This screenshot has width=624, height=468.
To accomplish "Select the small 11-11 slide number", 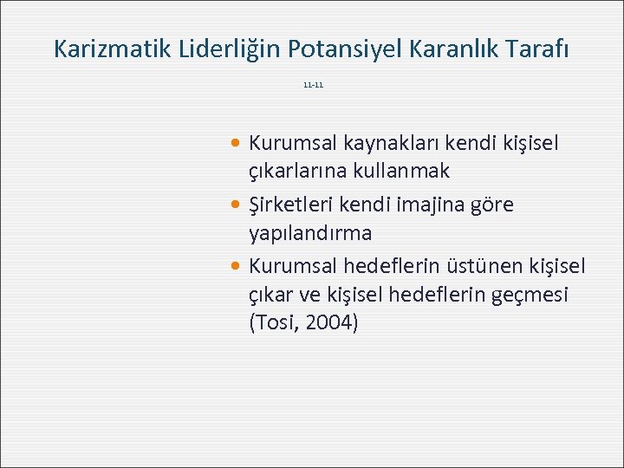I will [313, 86].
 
